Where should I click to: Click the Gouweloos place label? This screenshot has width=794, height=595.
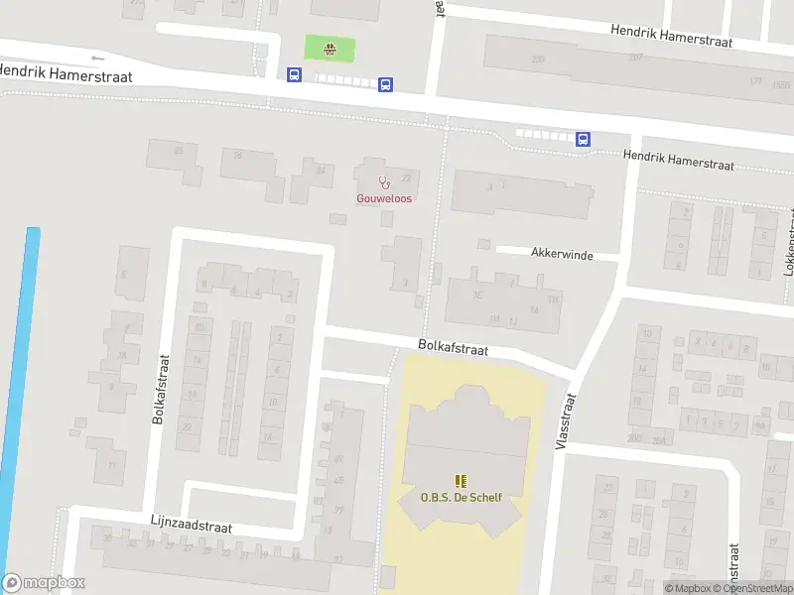[384, 198]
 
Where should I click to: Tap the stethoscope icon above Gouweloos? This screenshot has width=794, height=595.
[384, 181]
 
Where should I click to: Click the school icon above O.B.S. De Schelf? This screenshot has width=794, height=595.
[460, 482]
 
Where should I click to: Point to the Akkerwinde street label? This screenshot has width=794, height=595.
[562, 255]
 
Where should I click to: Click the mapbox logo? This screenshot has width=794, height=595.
[44, 583]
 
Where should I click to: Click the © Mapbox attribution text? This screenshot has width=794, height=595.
[687, 588]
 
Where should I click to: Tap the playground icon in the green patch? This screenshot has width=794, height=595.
[329, 47]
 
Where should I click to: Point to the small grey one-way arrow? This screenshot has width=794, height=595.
[96, 58]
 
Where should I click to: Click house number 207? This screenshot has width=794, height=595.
[635, 59]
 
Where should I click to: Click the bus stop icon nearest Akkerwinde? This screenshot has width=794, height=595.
[584, 139]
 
